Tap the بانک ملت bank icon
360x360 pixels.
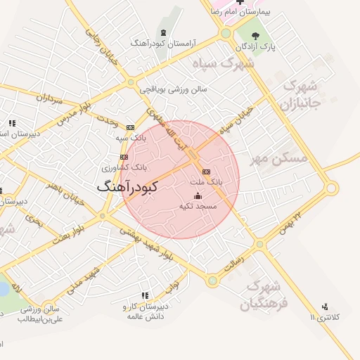tap(206, 171)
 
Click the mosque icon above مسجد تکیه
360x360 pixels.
tap(198, 195)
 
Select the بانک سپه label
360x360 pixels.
tap(131, 138)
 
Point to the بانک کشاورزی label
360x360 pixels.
tap(124, 167)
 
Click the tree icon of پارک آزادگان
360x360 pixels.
tap(255, 36)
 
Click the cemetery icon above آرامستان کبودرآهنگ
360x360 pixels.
tap(163, 33)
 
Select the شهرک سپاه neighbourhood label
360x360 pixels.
tap(226, 63)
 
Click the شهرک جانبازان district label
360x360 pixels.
tap(301, 95)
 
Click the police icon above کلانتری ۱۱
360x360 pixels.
tap(324, 307)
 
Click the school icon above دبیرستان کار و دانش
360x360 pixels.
tap(145, 296)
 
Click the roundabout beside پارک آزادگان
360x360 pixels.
tap(226, 33)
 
